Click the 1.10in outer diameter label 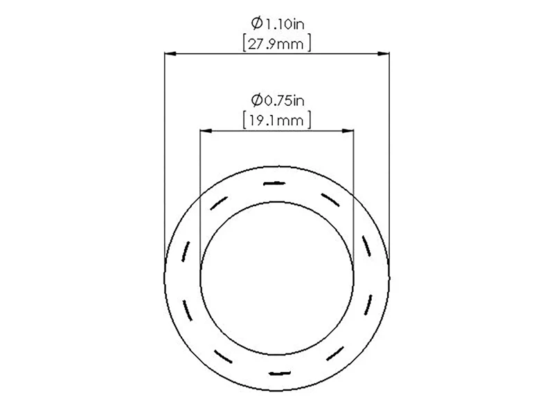click(278, 24)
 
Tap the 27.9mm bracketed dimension click(277, 44)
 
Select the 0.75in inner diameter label click(278, 100)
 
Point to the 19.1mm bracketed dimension click(277, 120)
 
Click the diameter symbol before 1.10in click(257, 24)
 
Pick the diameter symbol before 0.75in click(257, 100)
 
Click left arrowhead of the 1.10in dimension click(170, 54)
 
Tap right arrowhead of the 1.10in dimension click(384, 54)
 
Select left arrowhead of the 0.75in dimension click(206, 131)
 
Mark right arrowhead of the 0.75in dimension click(348, 131)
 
